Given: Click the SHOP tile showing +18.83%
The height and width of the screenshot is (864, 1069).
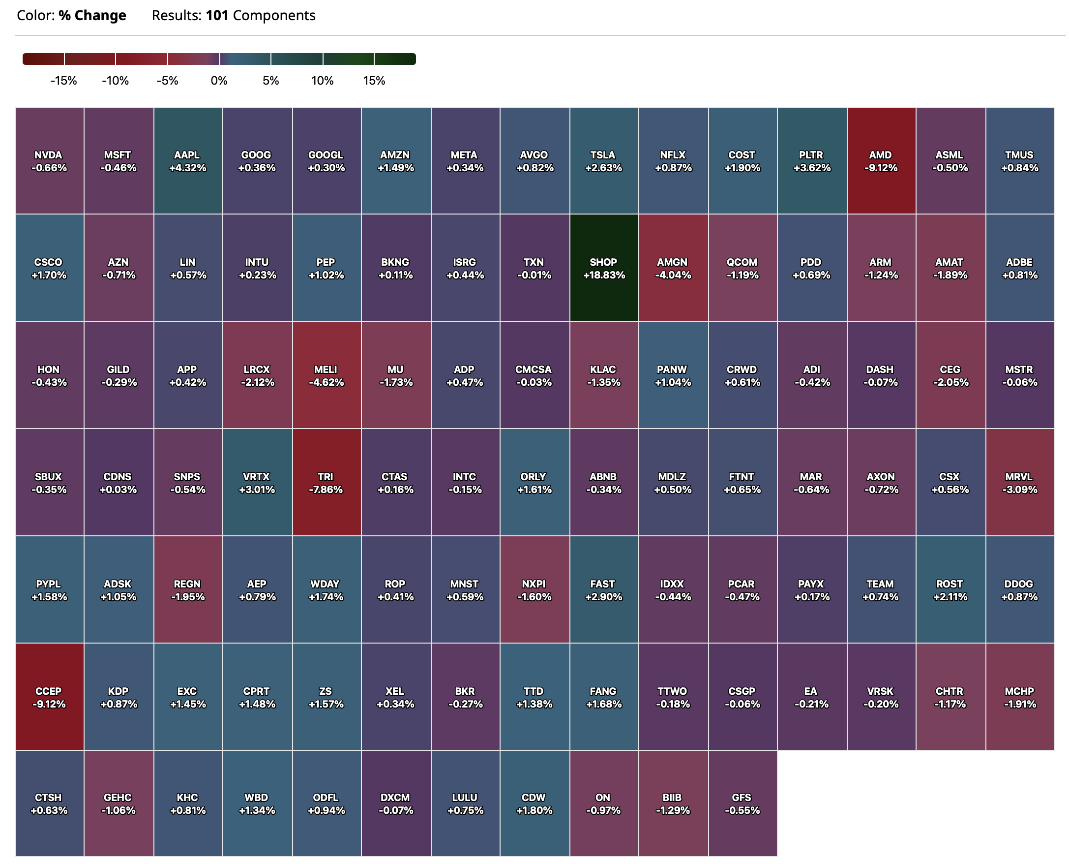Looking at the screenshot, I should point(603,268).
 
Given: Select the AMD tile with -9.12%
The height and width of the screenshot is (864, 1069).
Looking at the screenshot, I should point(881,161).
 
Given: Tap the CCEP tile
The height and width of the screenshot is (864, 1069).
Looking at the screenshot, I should point(49,697).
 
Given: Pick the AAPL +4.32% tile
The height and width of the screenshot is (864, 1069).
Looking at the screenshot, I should point(187,161).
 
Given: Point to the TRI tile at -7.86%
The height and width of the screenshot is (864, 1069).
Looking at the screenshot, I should point(326,482).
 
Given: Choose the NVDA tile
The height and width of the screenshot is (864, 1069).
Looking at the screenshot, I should point(49,161).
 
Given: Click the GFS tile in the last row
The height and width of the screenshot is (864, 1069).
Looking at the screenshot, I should point(742,803).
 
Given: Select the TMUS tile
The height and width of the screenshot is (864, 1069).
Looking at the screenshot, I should point(1019,161).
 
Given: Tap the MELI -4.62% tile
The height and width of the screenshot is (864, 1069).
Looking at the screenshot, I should point(326,375).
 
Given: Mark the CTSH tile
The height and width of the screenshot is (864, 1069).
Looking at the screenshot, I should point(49,803).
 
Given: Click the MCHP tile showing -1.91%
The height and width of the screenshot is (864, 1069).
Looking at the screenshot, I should point(1019,697).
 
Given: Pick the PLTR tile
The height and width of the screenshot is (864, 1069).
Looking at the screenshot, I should point(811,161).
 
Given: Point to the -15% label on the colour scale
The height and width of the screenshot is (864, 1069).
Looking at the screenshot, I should point(63,81).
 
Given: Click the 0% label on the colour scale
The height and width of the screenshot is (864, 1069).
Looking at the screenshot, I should point(219,81).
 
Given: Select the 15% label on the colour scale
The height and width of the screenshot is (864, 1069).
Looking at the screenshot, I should point(374,81).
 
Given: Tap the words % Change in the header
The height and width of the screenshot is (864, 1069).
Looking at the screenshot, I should point(92,15).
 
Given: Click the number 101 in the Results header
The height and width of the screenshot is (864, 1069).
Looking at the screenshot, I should point(217,15).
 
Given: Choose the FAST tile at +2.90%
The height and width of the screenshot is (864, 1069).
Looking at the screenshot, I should point(603,590).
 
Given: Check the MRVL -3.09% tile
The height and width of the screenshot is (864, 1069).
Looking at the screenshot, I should point(1019,482).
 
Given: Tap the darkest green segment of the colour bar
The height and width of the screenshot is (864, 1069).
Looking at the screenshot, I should point(395,59).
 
